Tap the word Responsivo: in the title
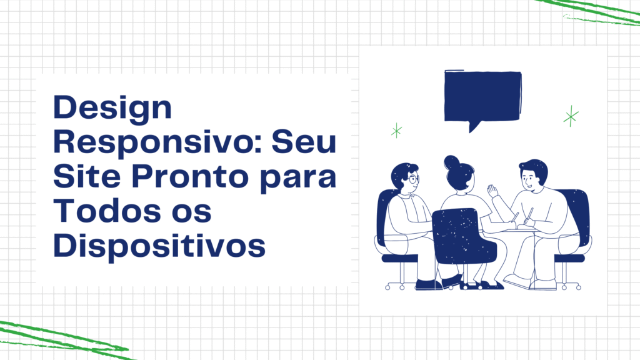tap(157, 142)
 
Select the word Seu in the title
tap(304, 142)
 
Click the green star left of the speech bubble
tap(396, 131)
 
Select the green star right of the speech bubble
tap(571, 116)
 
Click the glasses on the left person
tap(414, 179)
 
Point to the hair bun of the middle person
tap(451, 162)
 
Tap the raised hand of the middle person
tap(492, 191)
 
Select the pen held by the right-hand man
tap(530, 214)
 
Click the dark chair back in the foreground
tap(464, 236)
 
